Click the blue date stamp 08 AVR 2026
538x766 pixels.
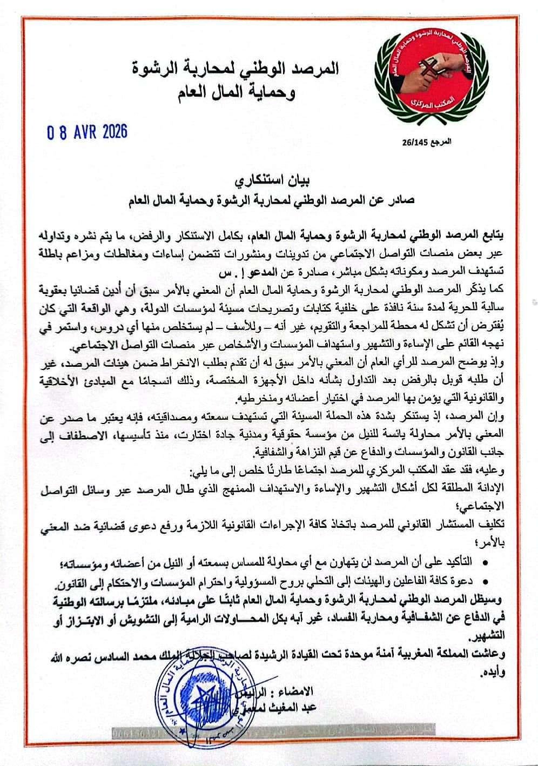87,132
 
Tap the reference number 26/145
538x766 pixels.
414,142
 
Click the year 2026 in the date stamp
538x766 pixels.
111,132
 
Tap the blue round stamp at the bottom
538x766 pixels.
199,708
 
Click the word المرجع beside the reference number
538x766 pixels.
439,142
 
